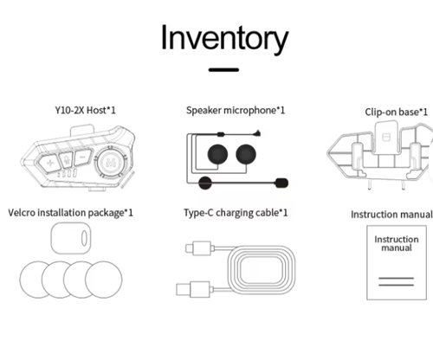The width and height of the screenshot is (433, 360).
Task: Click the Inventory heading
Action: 224,38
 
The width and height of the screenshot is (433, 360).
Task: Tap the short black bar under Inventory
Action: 223,69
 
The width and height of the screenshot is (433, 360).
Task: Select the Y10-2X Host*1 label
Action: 85,110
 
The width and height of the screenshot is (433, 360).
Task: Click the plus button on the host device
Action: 50,163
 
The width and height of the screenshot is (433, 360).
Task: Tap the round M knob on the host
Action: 110,162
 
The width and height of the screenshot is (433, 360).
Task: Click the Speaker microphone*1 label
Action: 236,110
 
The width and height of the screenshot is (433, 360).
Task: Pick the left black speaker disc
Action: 217,154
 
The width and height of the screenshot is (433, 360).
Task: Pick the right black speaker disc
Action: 246,154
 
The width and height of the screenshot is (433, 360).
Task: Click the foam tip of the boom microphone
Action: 281,183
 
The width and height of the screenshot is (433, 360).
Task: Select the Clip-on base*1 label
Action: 396,112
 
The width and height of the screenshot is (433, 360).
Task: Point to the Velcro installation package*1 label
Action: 70,213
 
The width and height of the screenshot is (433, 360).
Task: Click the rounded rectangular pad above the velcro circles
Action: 71,238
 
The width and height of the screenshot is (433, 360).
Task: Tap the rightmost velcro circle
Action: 104,280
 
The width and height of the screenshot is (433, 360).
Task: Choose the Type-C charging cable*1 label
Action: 236,213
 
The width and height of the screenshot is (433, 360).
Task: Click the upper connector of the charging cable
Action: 200,248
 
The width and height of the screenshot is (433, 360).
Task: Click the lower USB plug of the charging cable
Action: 194,290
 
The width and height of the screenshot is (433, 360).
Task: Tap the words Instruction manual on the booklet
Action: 397,243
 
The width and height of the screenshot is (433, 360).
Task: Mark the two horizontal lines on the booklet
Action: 396,281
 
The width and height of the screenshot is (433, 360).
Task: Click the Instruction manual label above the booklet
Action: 391,215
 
